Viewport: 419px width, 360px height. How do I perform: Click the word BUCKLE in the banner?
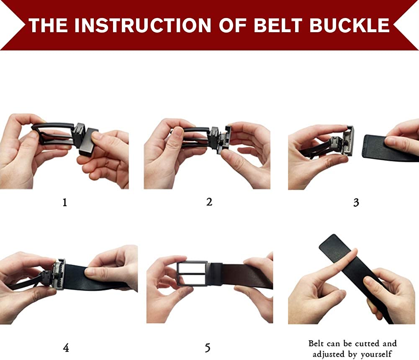[349, 25]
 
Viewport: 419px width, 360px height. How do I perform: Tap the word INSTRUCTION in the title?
[143, 25]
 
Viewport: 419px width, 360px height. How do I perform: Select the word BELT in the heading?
[278, 25]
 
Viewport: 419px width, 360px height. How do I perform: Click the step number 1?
[64, 202]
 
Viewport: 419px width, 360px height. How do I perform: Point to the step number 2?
[209, 202]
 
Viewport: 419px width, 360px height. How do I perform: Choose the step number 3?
[356, 202]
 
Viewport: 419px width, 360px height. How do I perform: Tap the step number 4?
[66, 347]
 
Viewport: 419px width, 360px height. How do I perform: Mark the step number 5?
[208, 347]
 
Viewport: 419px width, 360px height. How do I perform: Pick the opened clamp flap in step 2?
[225, 139]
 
